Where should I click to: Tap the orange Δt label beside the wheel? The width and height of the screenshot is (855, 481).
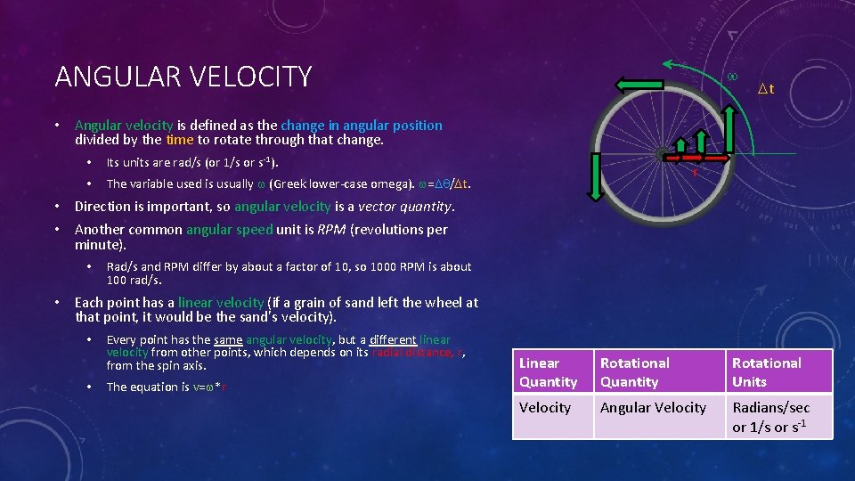click(765, 88)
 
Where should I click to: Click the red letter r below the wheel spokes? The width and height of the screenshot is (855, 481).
click(694, 172)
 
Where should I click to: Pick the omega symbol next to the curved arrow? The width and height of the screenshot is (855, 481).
click(732, 77)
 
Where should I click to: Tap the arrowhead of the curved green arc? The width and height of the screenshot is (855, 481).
click(665, 65)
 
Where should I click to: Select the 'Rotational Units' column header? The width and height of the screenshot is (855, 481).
click(766, 372)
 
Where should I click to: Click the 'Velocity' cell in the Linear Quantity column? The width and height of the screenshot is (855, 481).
click(545, 407)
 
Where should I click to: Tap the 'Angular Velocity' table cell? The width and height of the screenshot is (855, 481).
click(653, 407)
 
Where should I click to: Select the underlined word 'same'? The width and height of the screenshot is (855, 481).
click(228, 339)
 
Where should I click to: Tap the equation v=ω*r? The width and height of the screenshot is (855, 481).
click(208, 387)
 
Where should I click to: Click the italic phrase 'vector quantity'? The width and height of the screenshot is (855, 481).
click(405, 207)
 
